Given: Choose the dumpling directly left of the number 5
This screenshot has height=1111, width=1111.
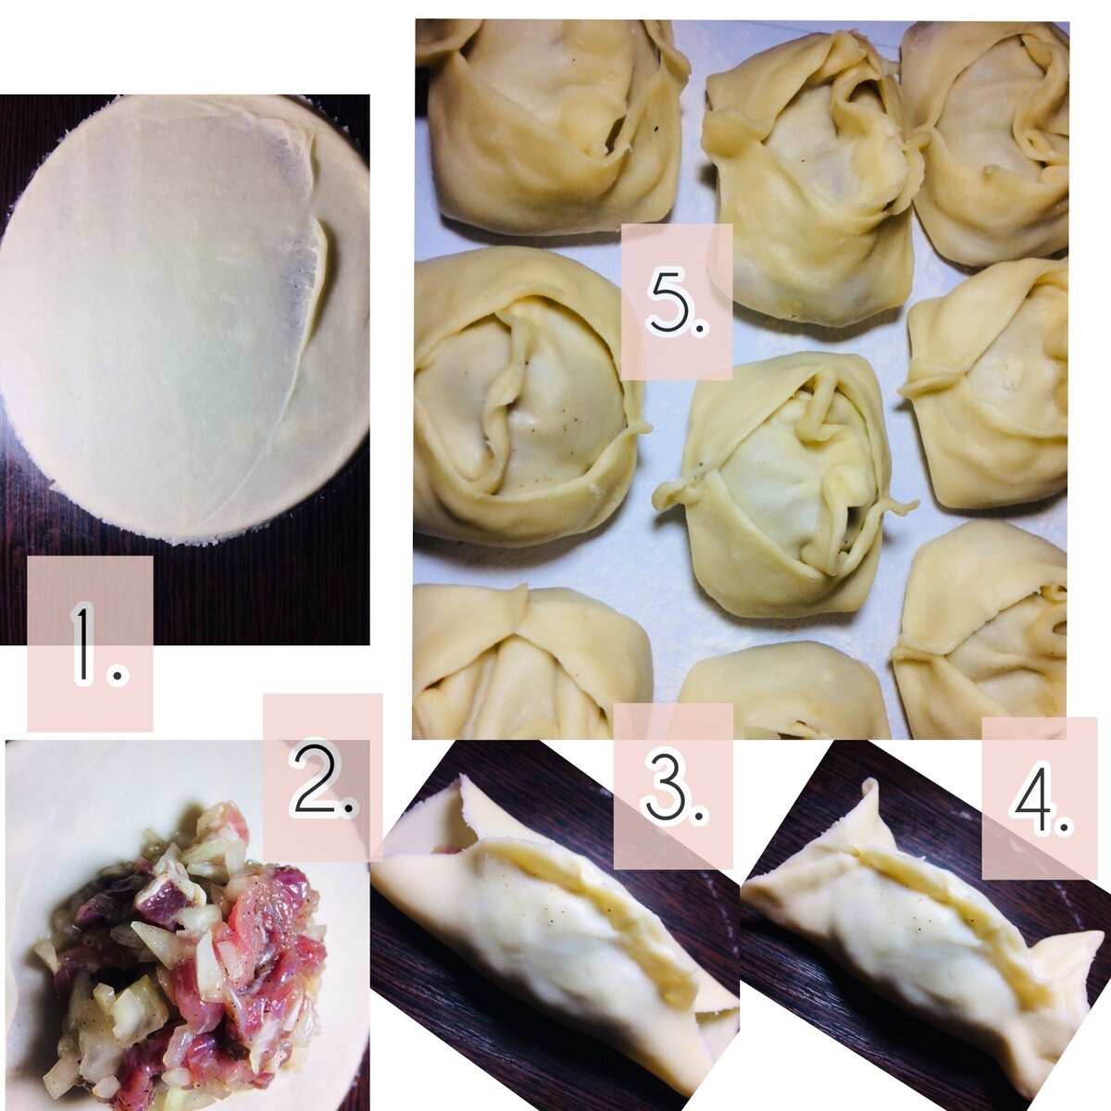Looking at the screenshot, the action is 528,398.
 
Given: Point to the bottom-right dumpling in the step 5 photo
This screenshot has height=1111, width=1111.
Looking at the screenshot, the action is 980,629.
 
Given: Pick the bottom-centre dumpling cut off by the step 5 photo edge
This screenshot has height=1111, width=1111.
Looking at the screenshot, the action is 784,692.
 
